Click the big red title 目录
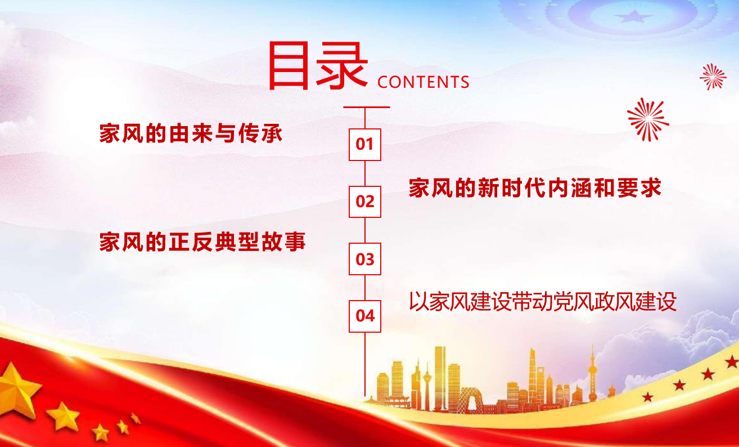pos(318,65)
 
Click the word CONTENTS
pos(423,82)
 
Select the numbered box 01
pos(365,145)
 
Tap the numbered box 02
pos(365,202)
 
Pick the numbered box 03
pos(365,259)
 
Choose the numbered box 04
pos(365,316)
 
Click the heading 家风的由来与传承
pos(191,133)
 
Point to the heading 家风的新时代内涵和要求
pos(535,188)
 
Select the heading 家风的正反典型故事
pos(202,242)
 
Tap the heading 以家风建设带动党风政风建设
pos(543,301)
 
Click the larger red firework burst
pos(648,119)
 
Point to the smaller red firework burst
pos(713,77)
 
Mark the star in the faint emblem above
pos(634,16)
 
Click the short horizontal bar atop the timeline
pos(367,107)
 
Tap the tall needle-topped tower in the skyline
pos(593,374)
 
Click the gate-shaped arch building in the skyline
pos(471,400)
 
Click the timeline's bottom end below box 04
pos(365,396)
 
